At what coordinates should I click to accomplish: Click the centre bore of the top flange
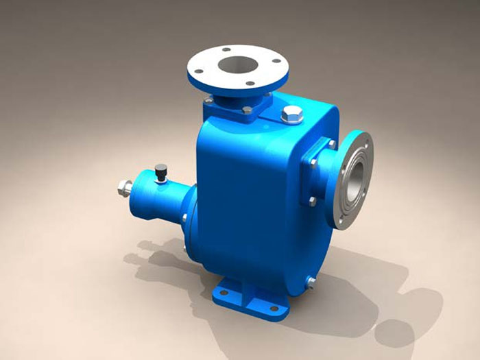[x=239, y=67]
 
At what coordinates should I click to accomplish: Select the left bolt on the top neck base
[x=208, y=101]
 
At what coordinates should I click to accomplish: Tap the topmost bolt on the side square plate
[x=332, y=145]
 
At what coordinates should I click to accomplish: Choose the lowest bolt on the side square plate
[x=313, y=201]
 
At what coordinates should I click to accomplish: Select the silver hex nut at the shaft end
[x=125, y=187]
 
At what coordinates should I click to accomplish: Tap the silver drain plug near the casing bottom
[x=310, y=280]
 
